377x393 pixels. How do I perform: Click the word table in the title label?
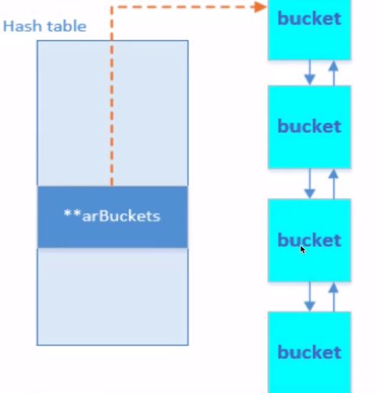66,26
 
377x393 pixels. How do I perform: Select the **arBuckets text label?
112,216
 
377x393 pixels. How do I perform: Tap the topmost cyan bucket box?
309,29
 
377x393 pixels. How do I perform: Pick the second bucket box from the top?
309,126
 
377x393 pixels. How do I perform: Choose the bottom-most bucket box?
309,352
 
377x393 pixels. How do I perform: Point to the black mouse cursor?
303,249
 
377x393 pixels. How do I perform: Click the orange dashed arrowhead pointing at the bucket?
261,6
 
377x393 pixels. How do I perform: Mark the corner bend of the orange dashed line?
111,7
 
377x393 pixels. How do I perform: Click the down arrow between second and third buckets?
309,184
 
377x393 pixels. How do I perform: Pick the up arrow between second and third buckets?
333,184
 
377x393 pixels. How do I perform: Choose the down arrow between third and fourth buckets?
309,296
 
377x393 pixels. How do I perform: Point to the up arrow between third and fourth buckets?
333,296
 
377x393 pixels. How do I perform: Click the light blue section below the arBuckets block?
112,297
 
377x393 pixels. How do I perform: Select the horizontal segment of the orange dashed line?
186,7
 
